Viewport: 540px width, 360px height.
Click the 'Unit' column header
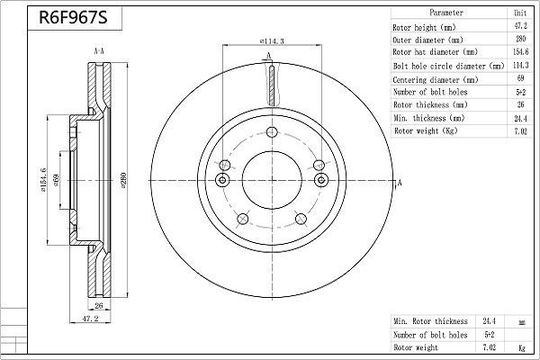click(519, 14)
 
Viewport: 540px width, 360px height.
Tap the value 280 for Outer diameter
click(519, 40)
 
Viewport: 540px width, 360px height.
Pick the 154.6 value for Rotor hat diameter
click(519, 53)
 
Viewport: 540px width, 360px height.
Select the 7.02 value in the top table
click(519, 131)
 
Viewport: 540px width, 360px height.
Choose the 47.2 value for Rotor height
click(519, 28)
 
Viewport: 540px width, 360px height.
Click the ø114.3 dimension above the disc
click(272, 42)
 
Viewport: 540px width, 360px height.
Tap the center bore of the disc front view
click(269, 175)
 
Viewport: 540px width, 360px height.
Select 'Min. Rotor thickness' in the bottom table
click(430, 321)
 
